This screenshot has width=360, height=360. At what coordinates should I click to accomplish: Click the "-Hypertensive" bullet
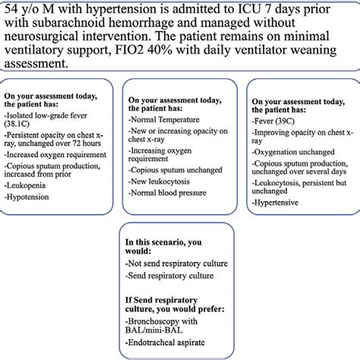(274, 204)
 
